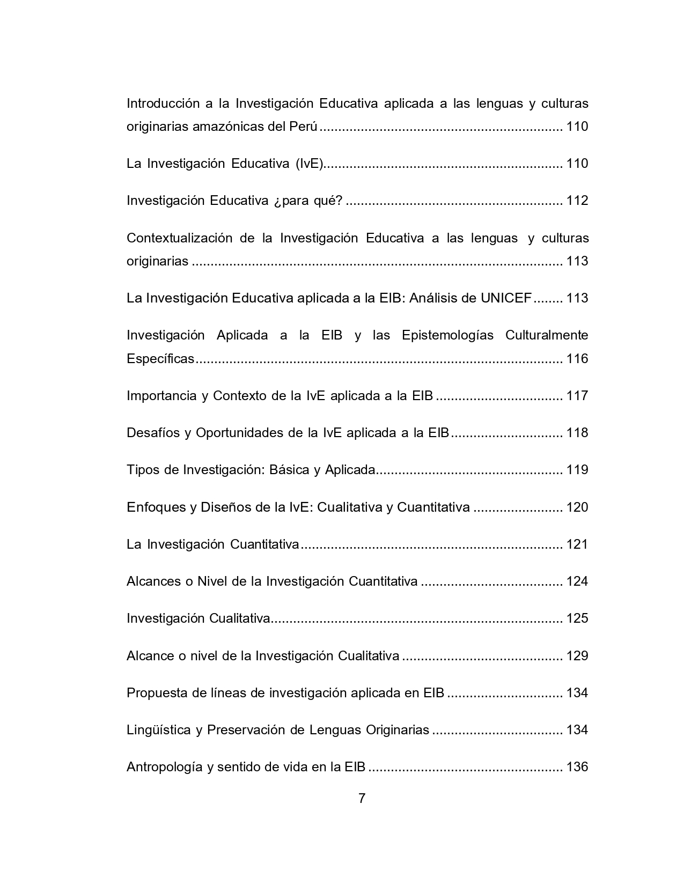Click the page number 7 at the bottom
[x=362, y=799]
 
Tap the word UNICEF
[x=506, y=298]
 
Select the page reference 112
[x=577, y=201]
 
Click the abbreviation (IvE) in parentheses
[x=309, y=164]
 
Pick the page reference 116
[x=577, y=359]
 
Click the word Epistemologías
[x=447, y=336]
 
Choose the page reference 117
[x=577, y=396]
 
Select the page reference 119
[x=577, y=470]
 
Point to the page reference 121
[x=577, y=544]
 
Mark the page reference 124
[x=577, y=581]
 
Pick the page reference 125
[x=577, y=618]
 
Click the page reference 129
[x=577, y=656]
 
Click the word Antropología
[x=162, y=767]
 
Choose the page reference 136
[x=577, y=767]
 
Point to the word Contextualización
[x=179, y=238]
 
